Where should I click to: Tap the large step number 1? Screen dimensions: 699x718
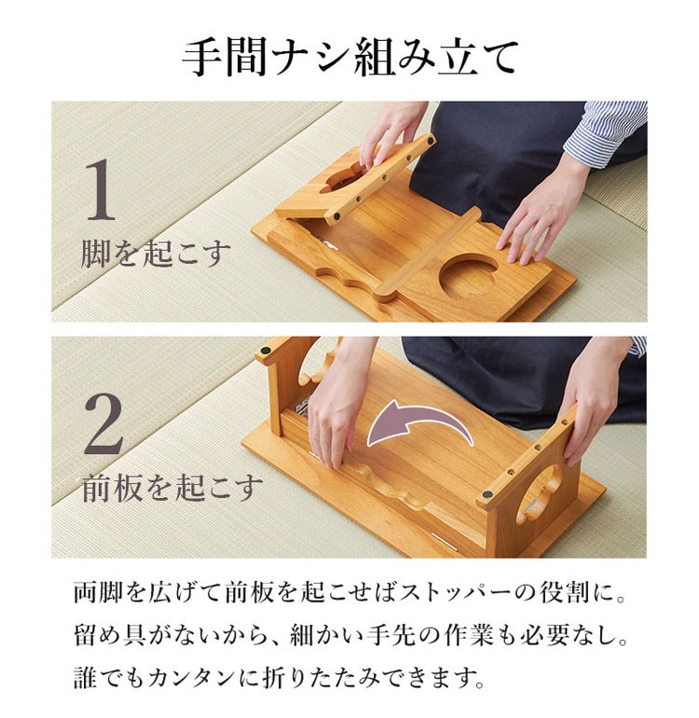coord(102,189)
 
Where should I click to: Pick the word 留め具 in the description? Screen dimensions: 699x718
coord(109,636)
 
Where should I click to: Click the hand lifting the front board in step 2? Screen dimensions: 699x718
coord(338,403)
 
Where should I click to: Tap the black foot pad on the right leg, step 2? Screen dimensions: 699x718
coord(487,495)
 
